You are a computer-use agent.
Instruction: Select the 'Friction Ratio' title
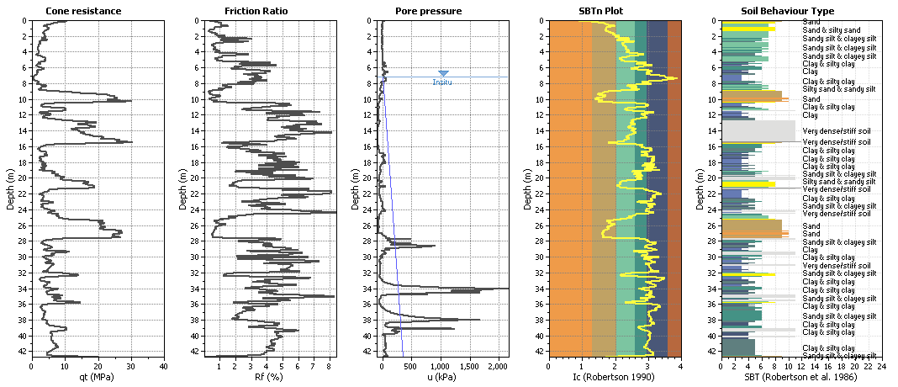[x=259, y=11]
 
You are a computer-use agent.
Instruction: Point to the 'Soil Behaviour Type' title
[x=787, y=11]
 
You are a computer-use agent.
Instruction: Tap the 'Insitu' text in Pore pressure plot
[x=442, y=82]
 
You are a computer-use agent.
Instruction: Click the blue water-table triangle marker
[x=443, y=74]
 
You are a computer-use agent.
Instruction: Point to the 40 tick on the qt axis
[x=164, y=366]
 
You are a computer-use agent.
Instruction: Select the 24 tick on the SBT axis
[x=881, y=366]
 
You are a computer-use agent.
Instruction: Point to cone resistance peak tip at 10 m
[x=131, y=101]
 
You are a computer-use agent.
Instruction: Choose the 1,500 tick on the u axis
[x=470, y=366]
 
